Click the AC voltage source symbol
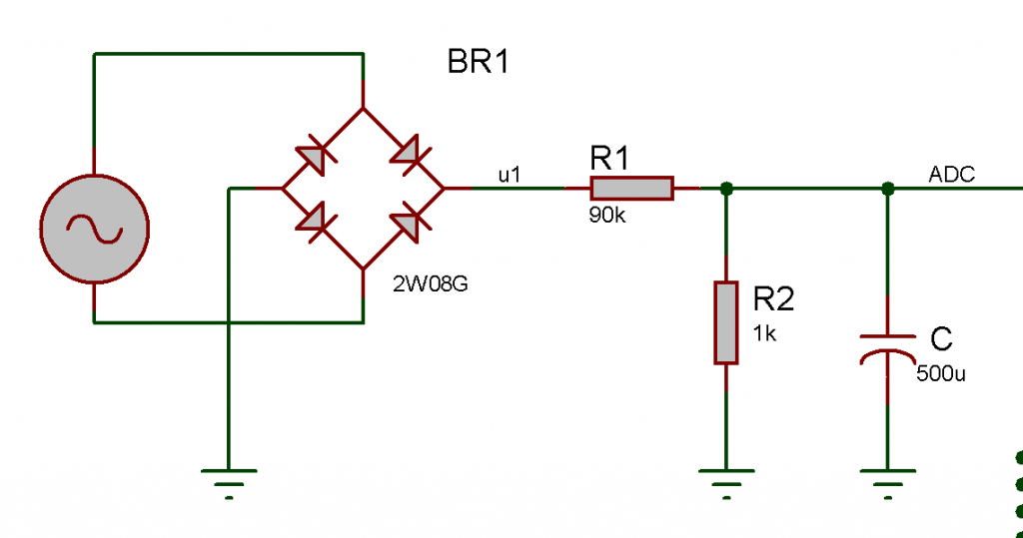coord(94,229)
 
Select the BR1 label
coord(479,63)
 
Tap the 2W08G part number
coord(431,284)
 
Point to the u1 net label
coord(510,175)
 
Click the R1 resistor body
coord(631,188)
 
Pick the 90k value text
coord(606,215)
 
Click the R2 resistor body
coord(726,322)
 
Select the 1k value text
coord(764,334)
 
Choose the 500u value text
coord(941,375)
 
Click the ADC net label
coord(951,175)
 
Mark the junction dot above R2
coord(726,188)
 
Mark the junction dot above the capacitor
coord(887,188)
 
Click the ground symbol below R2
coord(726,479)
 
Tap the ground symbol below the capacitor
coord(887,479)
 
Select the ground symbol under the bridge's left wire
coord(229,479)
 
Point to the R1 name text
coord(609,158)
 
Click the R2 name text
coord(774,298)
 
